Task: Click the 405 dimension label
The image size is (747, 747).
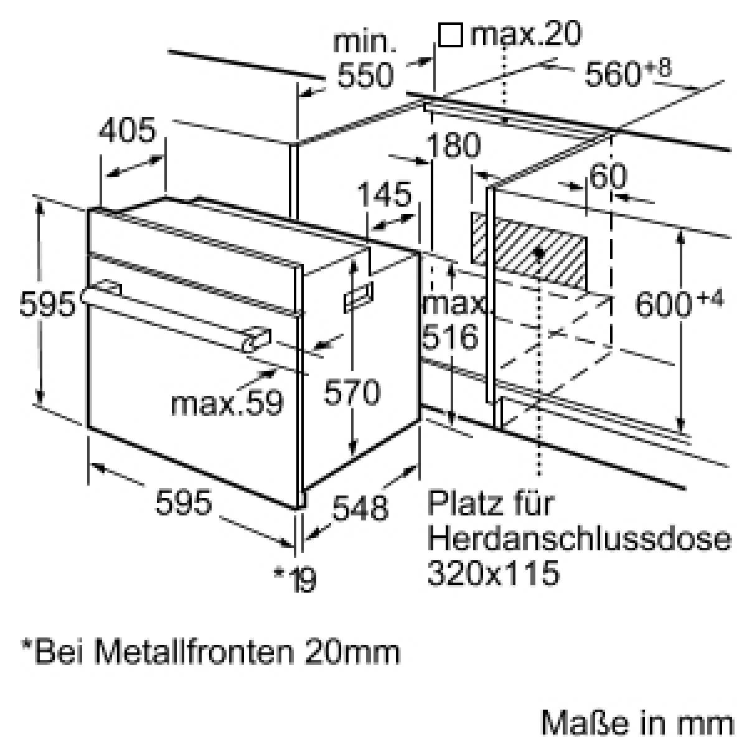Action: (128, 129)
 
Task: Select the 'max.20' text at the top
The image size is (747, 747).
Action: (526, 34)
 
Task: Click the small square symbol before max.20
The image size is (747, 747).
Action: (451, 35)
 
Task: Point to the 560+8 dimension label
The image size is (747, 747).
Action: (628, 73)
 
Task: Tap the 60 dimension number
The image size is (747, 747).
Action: (608, 177)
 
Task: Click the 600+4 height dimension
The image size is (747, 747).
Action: (679, 303)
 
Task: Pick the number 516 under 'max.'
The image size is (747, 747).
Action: (450, 336)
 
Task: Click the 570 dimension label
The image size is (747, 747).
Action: (352, 392)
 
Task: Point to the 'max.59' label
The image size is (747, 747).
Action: (227, 402)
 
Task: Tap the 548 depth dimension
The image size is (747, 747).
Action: (360, 508)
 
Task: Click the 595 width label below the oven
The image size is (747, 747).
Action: (184, 502)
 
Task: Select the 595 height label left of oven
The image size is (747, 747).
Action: (47, 304)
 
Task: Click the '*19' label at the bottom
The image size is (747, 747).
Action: (295, 580)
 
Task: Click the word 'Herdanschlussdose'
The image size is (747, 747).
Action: (579, 539)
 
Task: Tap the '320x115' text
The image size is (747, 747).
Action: (494, 573)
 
